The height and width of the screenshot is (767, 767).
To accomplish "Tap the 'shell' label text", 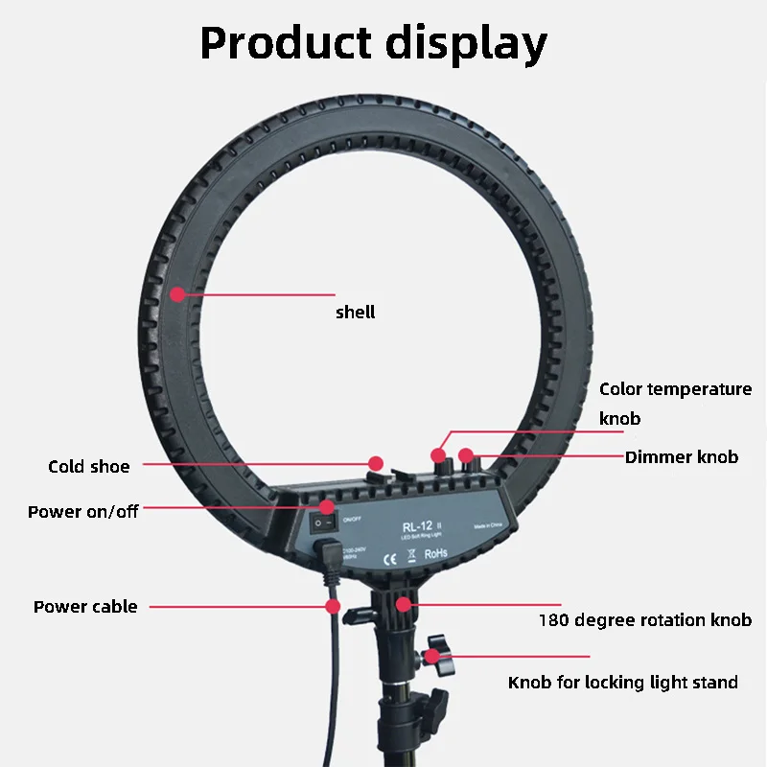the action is [x=355, y=312].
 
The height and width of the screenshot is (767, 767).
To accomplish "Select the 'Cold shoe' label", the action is [x=88, y=467].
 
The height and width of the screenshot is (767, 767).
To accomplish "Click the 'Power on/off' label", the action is [x=82, y=511].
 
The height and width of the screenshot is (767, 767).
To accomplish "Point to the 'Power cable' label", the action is [x=85, y=606].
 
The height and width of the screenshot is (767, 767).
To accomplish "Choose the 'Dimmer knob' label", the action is [x=682, y=456].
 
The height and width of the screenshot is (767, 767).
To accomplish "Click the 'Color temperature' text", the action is [x=675, y=389].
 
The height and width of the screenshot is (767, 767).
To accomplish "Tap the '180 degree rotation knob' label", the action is [x=644, y=619].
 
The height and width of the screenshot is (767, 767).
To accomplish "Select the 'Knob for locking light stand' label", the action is [x=622, y=682].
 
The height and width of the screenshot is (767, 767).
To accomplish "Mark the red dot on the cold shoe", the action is [x=376, y=462].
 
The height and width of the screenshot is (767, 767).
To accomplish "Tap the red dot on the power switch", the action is [x=328, y=506].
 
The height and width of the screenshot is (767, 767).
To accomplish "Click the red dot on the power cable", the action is [x=333, y=606].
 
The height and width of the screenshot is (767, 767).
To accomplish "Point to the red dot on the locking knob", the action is [x=433, y=657].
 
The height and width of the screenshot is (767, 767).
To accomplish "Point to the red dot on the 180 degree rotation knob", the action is [x=405, y=603].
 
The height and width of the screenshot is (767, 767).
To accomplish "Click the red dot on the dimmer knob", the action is [x=465, y=455].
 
